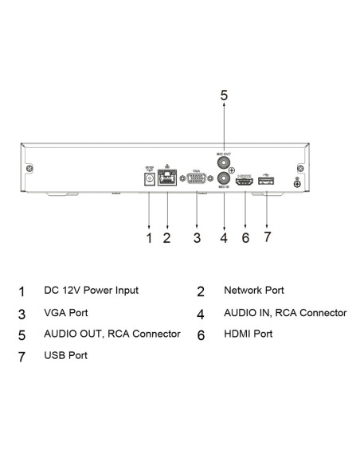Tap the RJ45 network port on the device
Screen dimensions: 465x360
point(168,180)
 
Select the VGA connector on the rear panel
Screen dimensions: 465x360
point(197,181)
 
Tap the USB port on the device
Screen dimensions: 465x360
point(266,182)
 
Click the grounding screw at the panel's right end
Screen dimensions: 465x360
point(298,185)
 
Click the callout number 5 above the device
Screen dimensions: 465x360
point(224,96)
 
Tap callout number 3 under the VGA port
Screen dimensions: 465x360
point(197,237)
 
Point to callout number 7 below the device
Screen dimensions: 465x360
point(267,237)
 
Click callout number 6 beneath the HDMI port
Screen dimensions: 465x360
point(245,237)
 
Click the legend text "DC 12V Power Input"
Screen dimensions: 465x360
point(91,291)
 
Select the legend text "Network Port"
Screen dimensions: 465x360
point(254,291)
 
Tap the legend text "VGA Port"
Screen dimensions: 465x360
point(66,313)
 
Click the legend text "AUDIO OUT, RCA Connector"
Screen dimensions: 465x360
point(112,334)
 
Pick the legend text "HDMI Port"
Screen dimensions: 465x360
point(248,334)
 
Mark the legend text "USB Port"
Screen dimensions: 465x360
point(66,355)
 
